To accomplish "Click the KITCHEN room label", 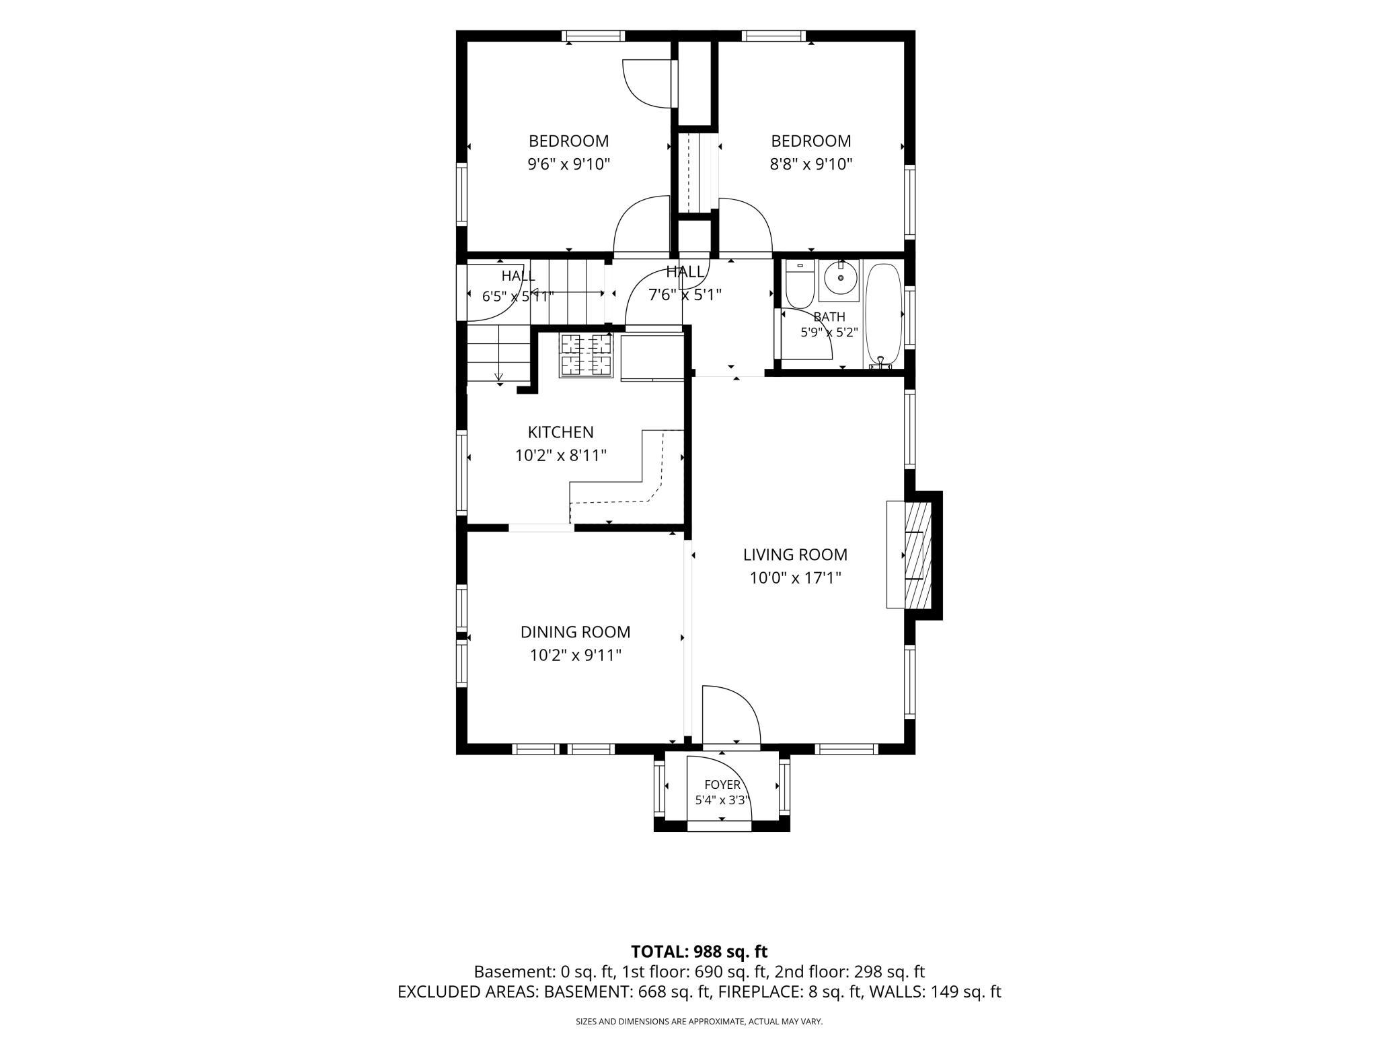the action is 560,432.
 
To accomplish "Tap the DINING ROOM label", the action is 575,632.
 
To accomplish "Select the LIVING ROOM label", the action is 795,555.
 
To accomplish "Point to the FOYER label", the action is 722,785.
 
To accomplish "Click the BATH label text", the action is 829,316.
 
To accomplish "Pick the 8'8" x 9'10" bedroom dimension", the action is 811,164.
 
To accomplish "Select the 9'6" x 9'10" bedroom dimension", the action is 568,164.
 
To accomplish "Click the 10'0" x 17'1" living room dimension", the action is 796,577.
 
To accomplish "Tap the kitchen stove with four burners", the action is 586,355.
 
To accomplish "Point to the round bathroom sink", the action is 840,277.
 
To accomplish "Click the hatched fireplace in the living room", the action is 917,555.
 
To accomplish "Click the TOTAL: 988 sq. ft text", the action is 699,952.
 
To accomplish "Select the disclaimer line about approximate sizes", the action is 699,1022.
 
